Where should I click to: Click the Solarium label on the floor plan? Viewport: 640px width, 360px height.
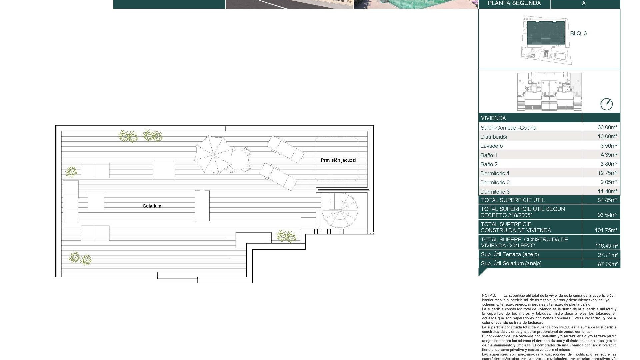152,206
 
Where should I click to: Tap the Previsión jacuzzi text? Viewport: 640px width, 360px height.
338,160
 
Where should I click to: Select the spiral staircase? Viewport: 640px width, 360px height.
340,210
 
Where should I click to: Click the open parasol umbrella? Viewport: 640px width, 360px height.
213,155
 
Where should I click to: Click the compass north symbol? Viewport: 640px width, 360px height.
606,104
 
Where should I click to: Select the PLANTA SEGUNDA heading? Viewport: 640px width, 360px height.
514,3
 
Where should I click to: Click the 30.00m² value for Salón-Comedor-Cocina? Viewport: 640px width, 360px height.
607,127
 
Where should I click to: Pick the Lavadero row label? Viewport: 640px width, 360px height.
492,146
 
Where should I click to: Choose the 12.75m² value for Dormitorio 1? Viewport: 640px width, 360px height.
607,173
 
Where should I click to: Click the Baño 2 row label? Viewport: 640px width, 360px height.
489,164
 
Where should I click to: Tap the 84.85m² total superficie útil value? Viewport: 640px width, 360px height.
607,200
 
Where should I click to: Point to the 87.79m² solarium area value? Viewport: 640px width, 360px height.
607,264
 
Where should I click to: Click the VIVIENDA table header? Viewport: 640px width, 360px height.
493,118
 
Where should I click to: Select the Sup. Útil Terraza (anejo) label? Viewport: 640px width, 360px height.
510,254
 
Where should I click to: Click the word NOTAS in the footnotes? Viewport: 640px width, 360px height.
489,295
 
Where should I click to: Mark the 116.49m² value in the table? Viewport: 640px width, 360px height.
606,246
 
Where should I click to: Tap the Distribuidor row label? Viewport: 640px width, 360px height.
494,137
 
